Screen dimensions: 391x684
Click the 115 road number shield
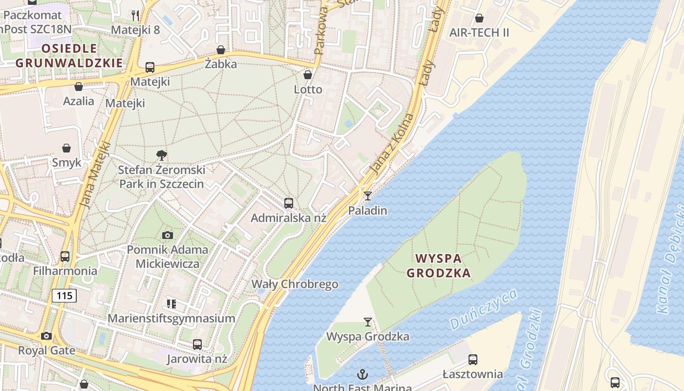click(x=64, y=295)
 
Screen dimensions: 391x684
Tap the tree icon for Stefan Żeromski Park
click(x=161, y=156)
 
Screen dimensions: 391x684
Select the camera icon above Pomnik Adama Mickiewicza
click(x=167, y=236)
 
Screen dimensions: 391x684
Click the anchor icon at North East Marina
click(x=362, y=374)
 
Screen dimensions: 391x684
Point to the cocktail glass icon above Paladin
click(x=367, y=196)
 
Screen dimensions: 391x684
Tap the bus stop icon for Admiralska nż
click(x=288, y=203)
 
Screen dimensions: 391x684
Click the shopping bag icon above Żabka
click(x=221, y=50)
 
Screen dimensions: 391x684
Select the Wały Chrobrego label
click(x=295, y=284)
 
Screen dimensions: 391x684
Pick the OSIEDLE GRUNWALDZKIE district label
click(x=69, y=56)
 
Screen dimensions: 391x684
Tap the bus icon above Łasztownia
click(x=472, y=360)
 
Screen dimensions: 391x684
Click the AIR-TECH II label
click(x=479, y=33)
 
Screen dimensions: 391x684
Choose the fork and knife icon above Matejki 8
click(x=135, y=15)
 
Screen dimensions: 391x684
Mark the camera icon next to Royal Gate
click(x=46, y=336)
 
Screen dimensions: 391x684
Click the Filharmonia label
click(x=65, y=271)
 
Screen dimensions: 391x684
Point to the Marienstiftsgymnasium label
click(x=171, y=318)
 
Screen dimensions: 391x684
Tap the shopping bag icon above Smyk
click(x=66, y=148)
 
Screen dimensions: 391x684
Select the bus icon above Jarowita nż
click(x=197, y=345)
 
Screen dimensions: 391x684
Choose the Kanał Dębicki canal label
click(x=670, y=278)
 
